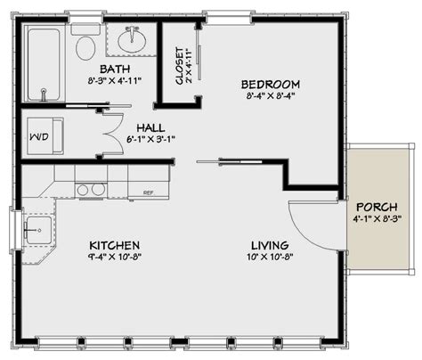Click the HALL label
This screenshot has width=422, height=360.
[x=148, y=128]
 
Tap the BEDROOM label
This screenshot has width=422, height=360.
[x=268, y=85]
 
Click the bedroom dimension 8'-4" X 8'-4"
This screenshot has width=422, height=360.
[x=268, y=98]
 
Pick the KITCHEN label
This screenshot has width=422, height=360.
[x=114, y=245]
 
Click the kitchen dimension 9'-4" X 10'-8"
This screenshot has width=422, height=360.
[x=114, y=258]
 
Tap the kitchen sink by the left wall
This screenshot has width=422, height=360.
[x=36, y=231]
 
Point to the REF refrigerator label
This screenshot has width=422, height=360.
[x=148, y=192]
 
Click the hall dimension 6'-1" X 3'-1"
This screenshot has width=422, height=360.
[x=148, y=141]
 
